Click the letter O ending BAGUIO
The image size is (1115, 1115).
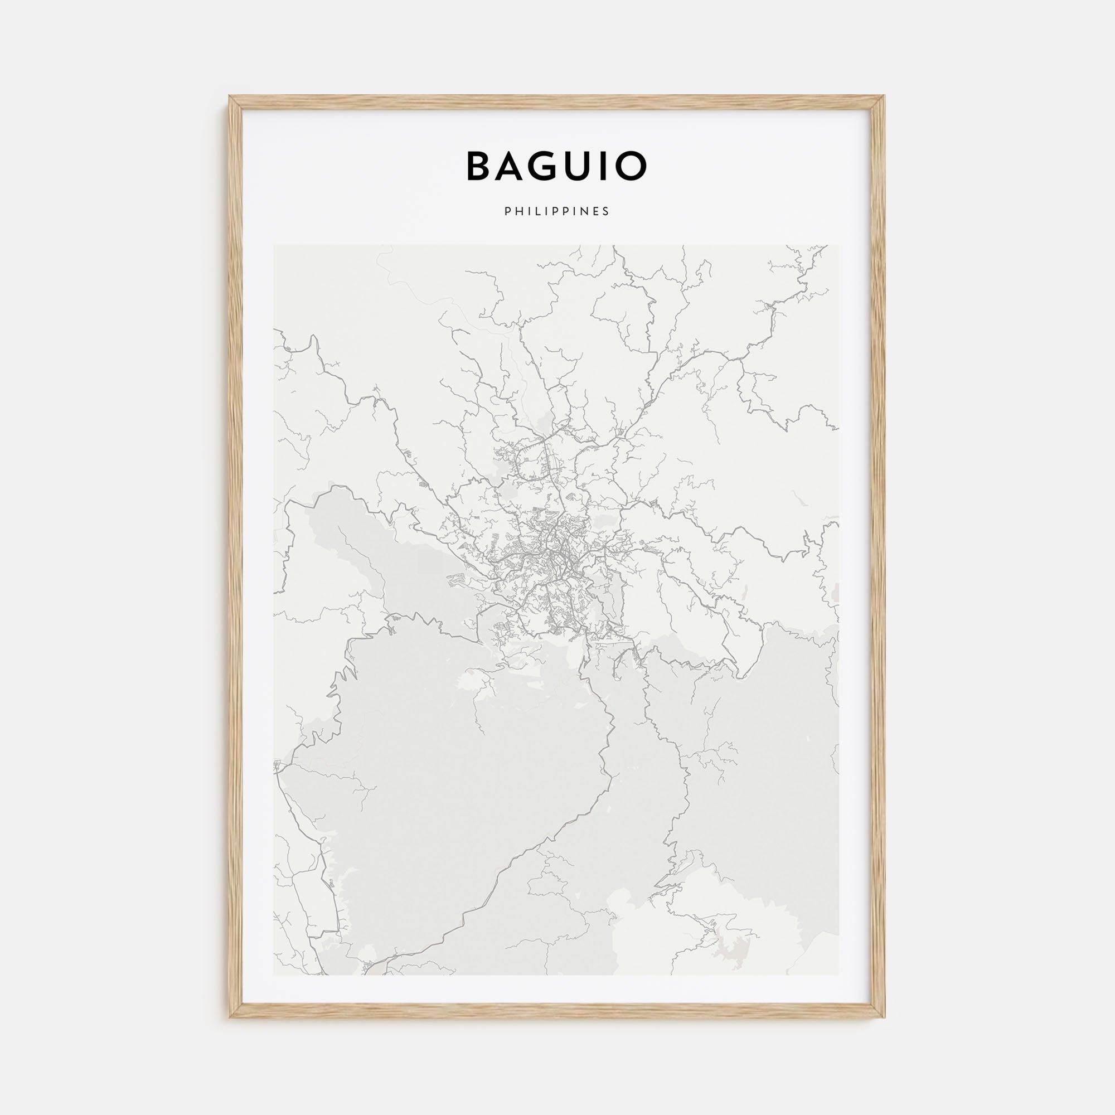(634, 166)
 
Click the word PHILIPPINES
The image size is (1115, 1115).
(557, 212)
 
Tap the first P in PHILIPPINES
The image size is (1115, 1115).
(507, 212)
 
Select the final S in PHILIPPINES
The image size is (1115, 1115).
(606, 212)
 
